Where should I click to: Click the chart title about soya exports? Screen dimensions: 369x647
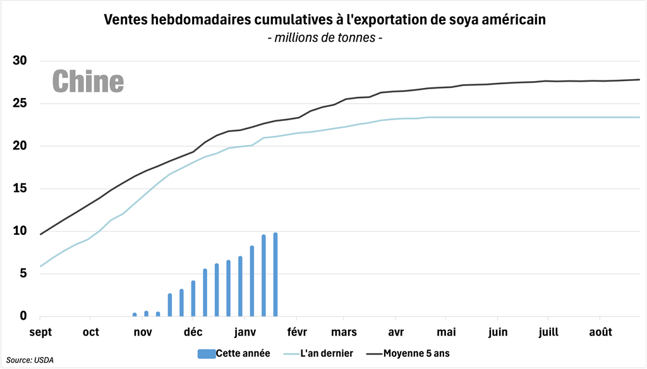pos(325,20)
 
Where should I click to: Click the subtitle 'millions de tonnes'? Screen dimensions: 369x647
pos(325,38)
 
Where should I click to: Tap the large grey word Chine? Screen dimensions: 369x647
pos(88,81)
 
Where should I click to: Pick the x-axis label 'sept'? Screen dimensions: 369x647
pos(40,332)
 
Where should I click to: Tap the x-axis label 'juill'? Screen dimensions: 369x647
pos(548,332)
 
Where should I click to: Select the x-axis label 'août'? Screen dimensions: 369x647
pos(600,332)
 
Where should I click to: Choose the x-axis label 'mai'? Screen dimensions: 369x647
pos(446,332)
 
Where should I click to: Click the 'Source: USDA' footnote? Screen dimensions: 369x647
pos(30,360)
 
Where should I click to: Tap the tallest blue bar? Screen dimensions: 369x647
pos(275,275)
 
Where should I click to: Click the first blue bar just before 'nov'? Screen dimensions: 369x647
pos(135,315)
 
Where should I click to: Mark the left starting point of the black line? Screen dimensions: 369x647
pos(40,234)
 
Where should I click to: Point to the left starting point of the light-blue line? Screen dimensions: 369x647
pos(40,266)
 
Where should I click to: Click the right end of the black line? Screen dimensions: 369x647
pos(639,80)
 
